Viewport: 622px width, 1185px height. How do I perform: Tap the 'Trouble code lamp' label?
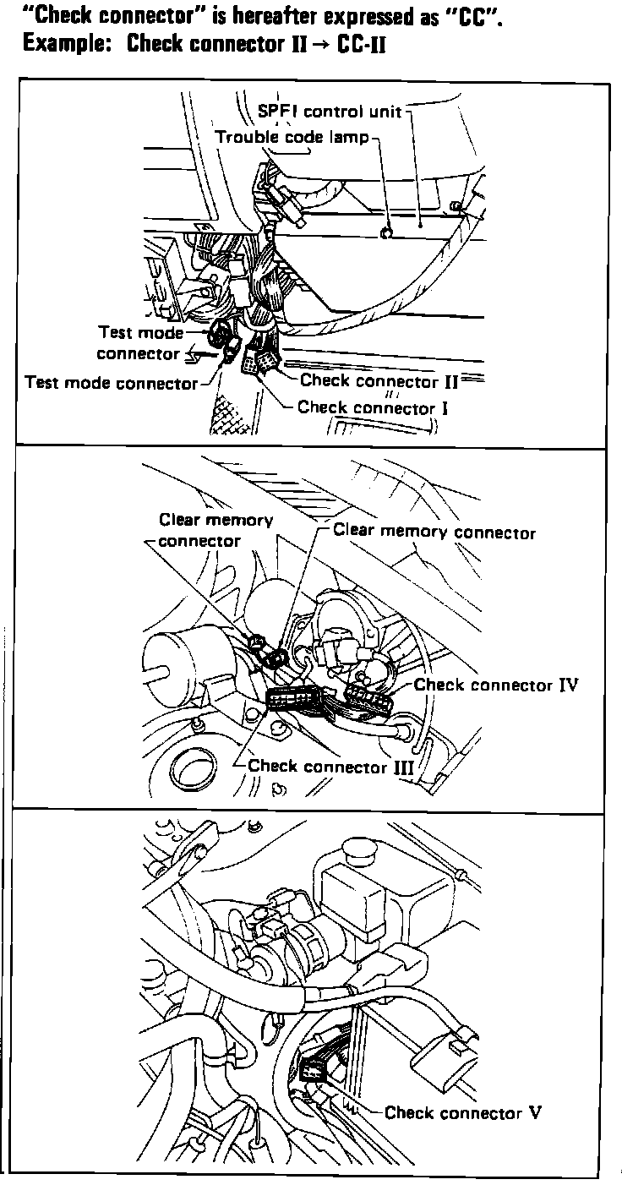[292, 137]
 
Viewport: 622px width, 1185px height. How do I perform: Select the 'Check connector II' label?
[379, 381]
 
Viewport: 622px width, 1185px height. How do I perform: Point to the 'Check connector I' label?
[372, 408]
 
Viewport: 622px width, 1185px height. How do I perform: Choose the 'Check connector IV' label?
[496, 685]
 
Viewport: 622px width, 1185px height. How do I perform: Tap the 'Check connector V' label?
[462, 1112]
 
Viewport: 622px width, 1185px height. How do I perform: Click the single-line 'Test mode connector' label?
[111, 383]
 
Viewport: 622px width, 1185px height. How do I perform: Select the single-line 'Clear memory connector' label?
[434, 532]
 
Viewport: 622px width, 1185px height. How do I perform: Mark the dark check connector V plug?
[314, 1070]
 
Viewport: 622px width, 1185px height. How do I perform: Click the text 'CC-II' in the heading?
[361, 44]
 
